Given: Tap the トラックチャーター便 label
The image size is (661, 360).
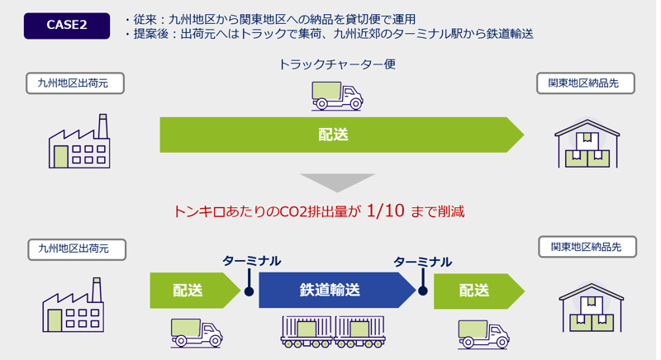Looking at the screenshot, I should coord(337,64).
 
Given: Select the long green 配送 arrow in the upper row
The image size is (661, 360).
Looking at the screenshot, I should coord(339,135).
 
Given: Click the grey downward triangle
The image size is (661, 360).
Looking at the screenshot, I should coord(337,182).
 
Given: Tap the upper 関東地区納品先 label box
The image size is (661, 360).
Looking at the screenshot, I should coord(584,83).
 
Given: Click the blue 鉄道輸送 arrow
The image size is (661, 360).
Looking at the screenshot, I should coord(335,291).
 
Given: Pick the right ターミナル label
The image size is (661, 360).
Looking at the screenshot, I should coord(422,262).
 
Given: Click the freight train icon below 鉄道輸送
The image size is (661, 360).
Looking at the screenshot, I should coord(335,333).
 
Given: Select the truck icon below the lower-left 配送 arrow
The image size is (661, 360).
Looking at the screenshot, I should coord(197,333).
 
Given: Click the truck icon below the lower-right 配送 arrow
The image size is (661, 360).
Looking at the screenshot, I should coord(483,333).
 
